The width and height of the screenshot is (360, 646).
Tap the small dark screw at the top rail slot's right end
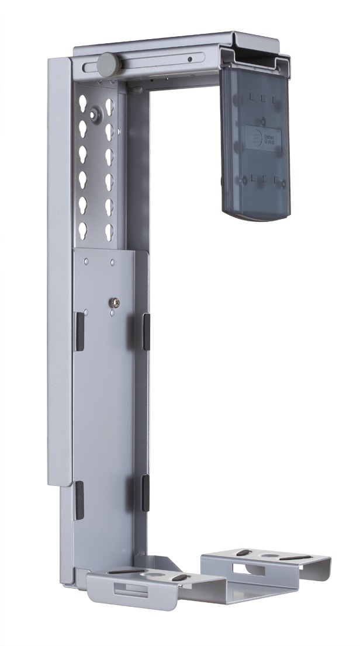click(x=191, y=59)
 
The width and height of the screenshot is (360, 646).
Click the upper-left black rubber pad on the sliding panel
click(x=79, y=332)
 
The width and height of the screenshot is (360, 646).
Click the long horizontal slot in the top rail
click(x=152, y=60)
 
